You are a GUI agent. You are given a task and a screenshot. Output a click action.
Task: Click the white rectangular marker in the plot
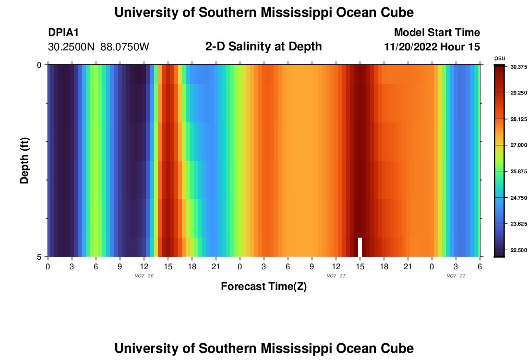pos(360,247)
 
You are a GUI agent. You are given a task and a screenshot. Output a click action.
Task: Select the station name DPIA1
pos(63,33)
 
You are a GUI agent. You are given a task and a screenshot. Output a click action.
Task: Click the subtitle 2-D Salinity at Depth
pos(264,47)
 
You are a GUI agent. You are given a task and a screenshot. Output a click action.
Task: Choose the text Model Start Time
pos(437,33)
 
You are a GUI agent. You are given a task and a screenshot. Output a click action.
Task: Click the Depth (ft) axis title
pos(25,161)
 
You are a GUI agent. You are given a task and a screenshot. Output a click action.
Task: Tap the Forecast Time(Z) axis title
pos(264,287)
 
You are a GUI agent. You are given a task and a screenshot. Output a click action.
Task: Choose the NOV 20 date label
pos(144,276)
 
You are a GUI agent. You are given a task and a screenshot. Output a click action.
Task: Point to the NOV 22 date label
pos(456,276)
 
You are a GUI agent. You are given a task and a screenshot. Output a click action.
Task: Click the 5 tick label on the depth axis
pos(39,257)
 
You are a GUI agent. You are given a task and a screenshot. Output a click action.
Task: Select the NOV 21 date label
pos(336,276)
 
